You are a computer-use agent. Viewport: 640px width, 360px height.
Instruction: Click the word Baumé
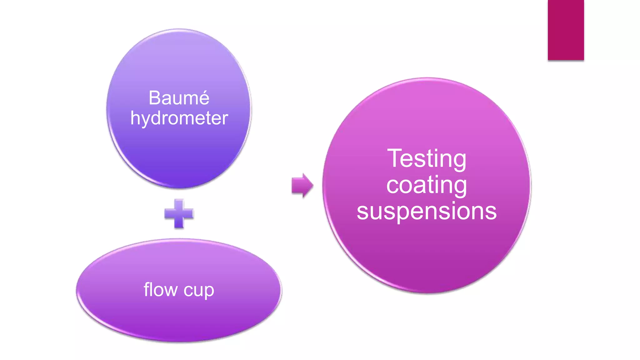point(179,98)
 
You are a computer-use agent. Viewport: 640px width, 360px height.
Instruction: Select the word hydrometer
point(179,118)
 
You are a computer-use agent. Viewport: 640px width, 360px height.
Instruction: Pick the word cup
point(199,290)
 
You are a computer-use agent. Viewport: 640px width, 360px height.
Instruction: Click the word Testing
point(427,159)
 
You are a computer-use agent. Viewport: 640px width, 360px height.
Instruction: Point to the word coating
point(427,185)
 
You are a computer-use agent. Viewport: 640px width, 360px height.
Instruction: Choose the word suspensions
point(427,211)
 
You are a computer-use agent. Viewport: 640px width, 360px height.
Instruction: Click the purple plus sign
point(179,214)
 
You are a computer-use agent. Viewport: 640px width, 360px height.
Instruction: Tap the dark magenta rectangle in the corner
point(566,30)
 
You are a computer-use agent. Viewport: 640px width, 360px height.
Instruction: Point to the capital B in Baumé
point(155,98)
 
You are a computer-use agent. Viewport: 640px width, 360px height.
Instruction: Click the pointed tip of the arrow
point(312,186)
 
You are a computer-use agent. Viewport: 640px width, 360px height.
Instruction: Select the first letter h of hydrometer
point(135,118)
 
